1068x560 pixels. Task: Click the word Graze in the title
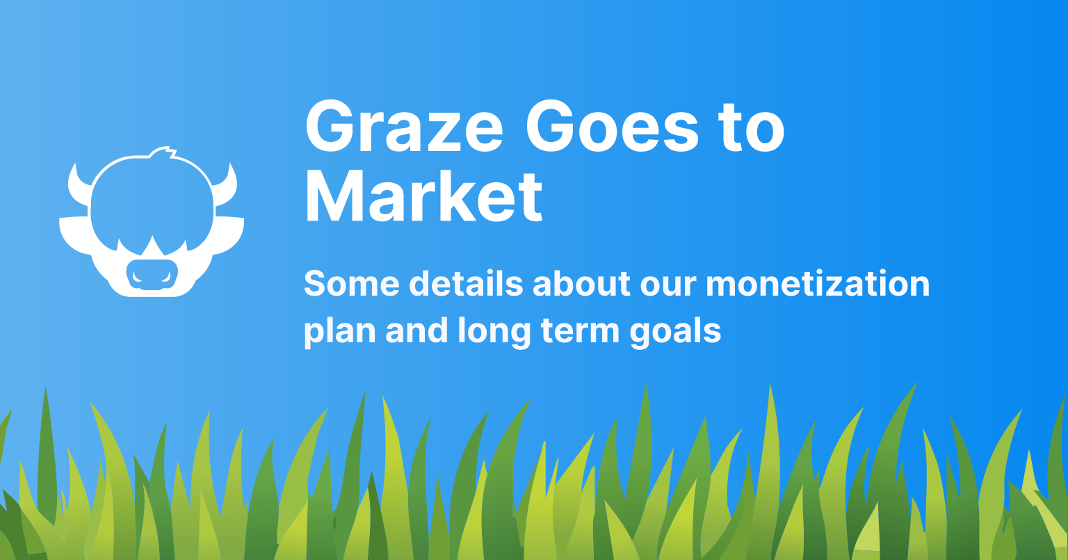click(x=404, y=126)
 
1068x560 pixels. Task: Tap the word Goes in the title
click(x=612, y=126)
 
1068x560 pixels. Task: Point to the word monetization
click(x=818, y=284)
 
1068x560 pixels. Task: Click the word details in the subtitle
click(x=466, y=283)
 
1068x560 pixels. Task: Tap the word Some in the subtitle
click(x=351, y=283)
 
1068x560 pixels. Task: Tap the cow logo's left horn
click(x=78, y=185)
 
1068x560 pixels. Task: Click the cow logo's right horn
click(x=227, y=185)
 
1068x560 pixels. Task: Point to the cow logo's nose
click(x=152, y=275)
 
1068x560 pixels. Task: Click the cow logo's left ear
click(x=75, y=234)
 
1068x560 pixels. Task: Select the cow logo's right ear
click(x=228, y=234)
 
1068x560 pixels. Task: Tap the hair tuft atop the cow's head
click(x=162, y=153)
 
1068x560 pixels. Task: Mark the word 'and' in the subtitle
click(x=416, y=330)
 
